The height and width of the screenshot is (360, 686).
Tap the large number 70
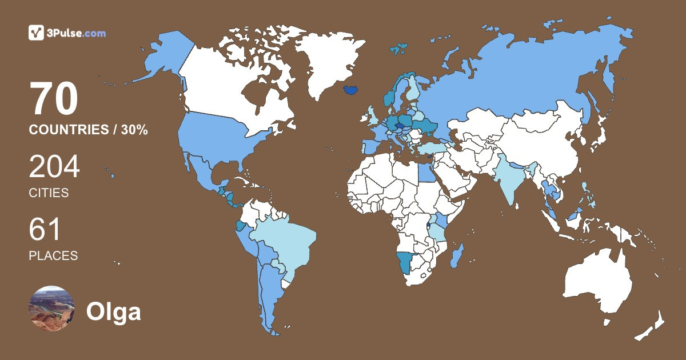pyautogui.click(x=54, y=100)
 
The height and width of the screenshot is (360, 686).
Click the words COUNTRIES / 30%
pyautogui.click(x=89, y=130)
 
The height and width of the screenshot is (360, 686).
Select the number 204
pyautogui.click(x=54, y=168)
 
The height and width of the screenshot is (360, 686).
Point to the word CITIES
pyautogui.click(x=49, y=193)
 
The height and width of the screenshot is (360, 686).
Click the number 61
pyautogui.click(x=45, y=230)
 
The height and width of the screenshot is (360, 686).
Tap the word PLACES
pyautogui.click(x=53, y=255)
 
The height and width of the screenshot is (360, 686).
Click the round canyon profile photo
pyautogui.click(x=51, y=308)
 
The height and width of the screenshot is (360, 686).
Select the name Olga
pyautogui.click(x=113, y=312)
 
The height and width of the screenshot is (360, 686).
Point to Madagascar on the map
pyautogui.click(x=457, y=256)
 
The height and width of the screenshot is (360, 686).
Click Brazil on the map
pyautogui.click(x=286, y=243)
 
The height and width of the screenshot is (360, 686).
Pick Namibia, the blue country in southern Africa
pyautogui.click(x=405, y=262)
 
